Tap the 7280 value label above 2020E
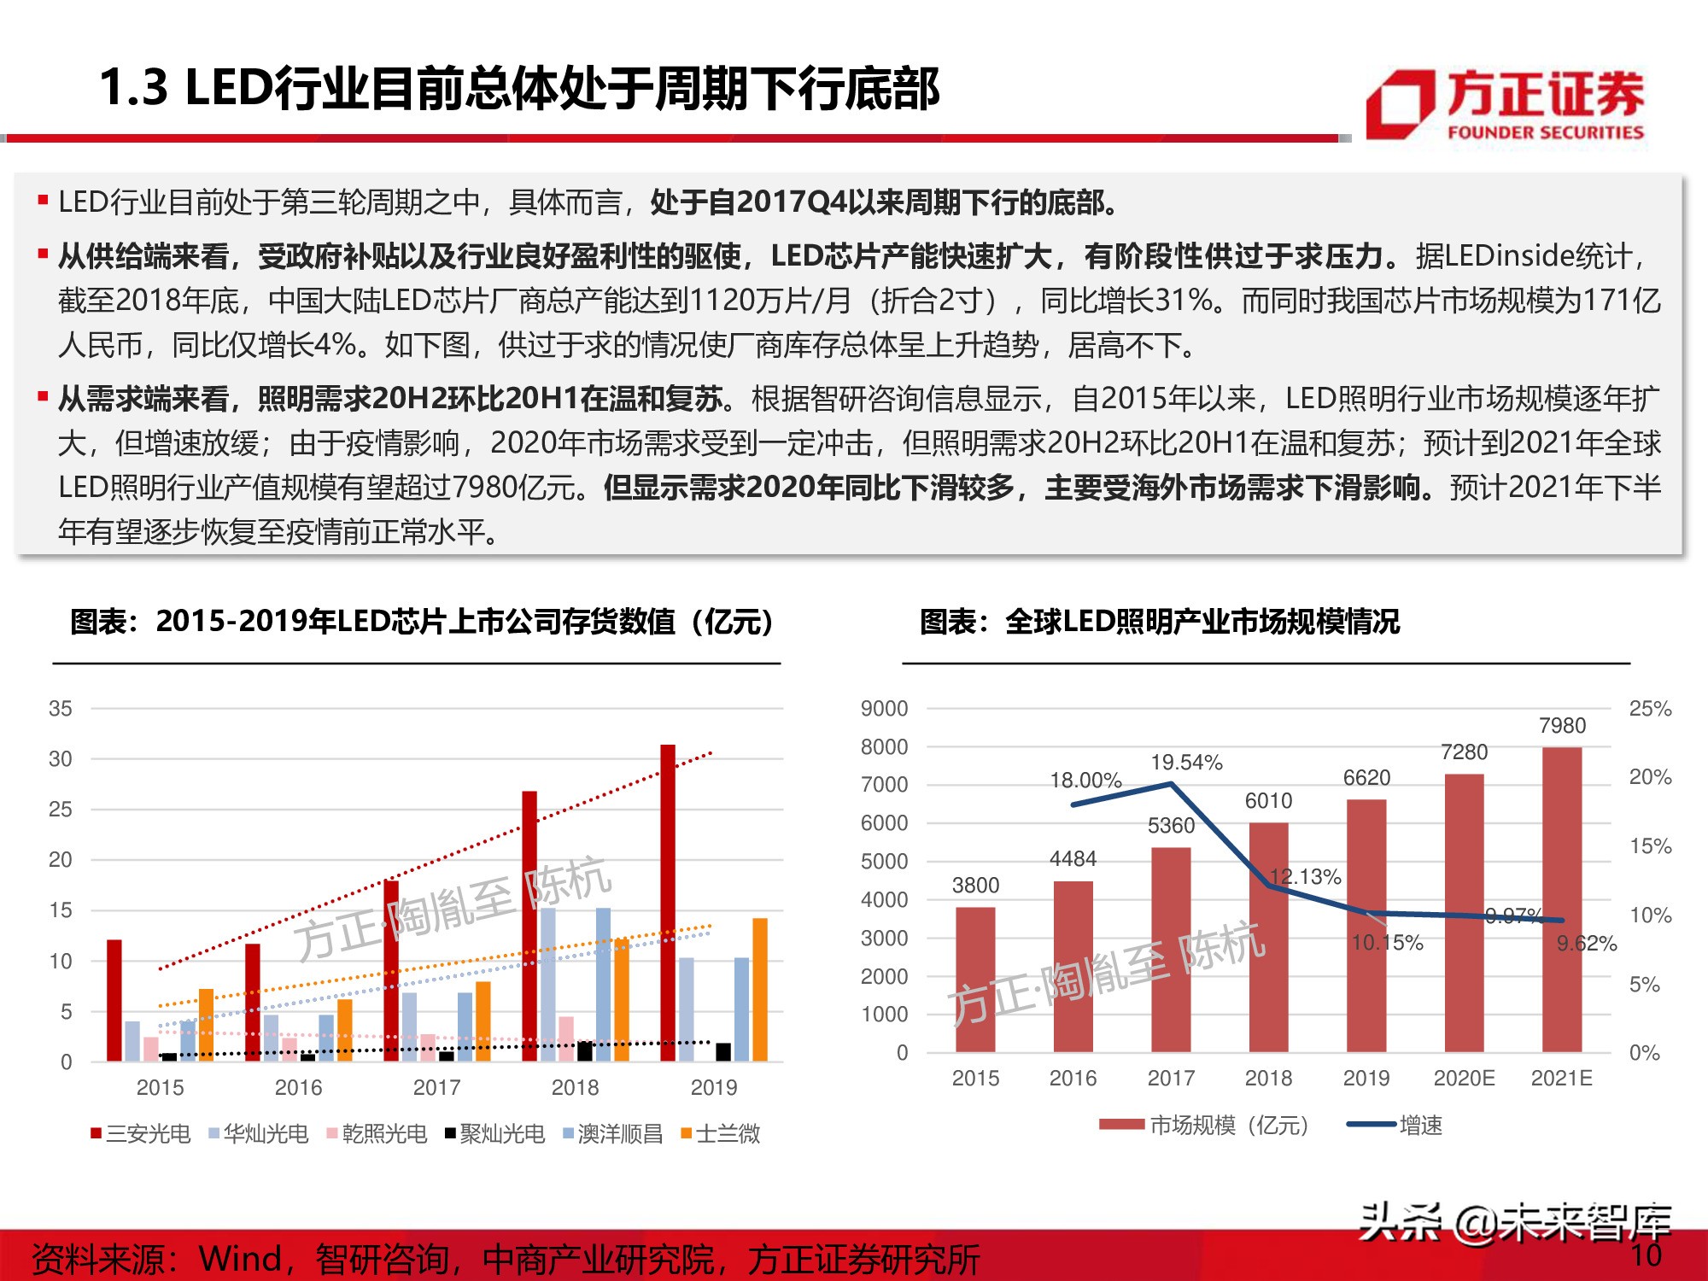click(1464, 752)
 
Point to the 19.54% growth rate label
click(1186, 762)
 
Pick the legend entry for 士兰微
click(721, 1133)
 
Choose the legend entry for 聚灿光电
click(495, 1133)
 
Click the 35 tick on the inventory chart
click(61, 708)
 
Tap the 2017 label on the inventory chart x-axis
click(436, 1087)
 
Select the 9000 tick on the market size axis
click(884, 708)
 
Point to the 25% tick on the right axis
click(1650, 708)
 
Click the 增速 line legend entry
click(1395, 1125)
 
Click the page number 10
click(1646, 1255)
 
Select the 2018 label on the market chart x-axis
click(1268, 1078)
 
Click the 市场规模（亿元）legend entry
click(1204, 1125)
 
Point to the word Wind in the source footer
click(240, 1258)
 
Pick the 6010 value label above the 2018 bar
click(1268, 800)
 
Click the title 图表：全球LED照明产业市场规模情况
click(1159, 621)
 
